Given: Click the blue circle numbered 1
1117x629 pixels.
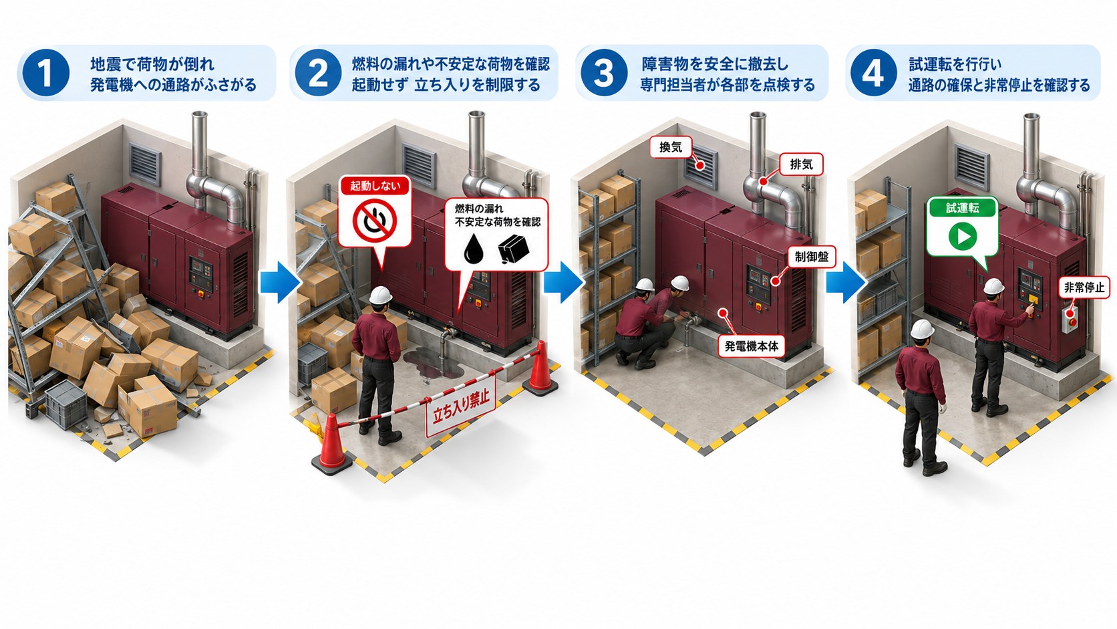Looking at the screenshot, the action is point(45,73).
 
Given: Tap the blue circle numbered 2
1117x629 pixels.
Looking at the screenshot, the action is point(317,73).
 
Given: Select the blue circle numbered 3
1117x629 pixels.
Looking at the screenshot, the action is point(603,73).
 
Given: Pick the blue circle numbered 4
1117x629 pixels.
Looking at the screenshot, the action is point(873,73).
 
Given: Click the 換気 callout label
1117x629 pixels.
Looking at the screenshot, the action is point(671,147).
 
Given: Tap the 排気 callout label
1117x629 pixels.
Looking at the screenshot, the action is point(801,164).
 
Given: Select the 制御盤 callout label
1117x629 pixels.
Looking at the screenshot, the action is point(811,257).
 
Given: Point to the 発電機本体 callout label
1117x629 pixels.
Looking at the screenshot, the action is point(751,346).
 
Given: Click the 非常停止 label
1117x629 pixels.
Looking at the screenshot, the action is point(1084,287).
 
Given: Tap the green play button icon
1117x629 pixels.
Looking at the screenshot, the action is point(963,236).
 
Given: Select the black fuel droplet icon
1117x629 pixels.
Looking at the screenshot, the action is point(473,249).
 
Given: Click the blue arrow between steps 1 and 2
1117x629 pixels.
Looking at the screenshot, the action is point(280,282).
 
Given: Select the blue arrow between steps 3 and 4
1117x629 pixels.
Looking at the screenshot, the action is point(846,282).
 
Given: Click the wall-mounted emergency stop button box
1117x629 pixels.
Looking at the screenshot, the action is point(1069,320).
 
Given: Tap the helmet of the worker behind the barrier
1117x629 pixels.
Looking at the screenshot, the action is point(380,295).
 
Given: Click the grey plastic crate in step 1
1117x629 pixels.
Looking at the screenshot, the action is point(66,404).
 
